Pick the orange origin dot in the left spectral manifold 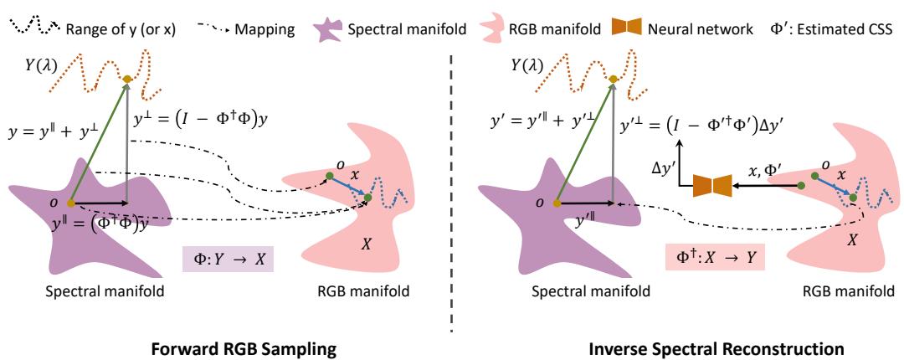tap(70, 203)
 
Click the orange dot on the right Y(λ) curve tap(613, 80)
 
